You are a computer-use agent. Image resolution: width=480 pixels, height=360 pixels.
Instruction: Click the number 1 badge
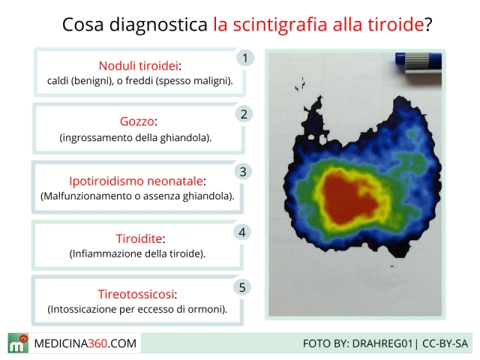(x=245, y=58)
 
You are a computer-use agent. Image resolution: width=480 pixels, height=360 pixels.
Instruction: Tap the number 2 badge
(x=244, y=115)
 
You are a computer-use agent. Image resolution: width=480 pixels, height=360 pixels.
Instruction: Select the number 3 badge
(x=243, y=172)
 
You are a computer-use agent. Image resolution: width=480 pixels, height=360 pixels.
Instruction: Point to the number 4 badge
(x=242, y=232)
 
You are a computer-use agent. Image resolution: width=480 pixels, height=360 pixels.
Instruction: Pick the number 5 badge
(x=242, y=287)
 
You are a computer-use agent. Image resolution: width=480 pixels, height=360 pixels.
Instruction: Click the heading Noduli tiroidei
(x=138, y=66)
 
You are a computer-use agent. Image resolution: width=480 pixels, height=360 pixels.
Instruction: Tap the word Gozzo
(x=136, y=121)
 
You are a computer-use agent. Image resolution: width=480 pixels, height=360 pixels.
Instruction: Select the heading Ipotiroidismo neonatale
(x=136, y=181)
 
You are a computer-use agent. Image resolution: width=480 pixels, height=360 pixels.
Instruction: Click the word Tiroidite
(x=139, y=238)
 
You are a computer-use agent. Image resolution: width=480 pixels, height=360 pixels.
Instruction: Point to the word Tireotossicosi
(x=136, y=294)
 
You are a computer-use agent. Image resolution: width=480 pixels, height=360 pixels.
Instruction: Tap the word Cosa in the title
(x=83, y=25)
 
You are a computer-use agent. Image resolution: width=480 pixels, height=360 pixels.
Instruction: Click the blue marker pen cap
(x=418, y=58)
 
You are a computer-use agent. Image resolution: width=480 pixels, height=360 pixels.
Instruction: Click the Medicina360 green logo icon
(x=18, y=343)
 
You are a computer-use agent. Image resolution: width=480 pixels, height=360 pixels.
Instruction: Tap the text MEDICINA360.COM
(x=85, y=343)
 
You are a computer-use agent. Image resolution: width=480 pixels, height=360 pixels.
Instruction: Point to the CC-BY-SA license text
(x=445, y=343)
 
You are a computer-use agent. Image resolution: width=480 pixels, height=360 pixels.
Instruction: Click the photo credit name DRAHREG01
(x=382, y=343)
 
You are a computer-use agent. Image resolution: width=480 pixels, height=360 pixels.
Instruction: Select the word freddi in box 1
(x=139, y=81)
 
